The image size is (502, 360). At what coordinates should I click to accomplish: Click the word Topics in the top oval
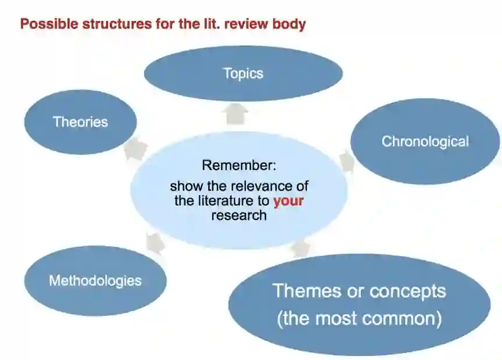point(243,74)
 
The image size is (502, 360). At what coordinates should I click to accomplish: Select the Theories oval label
point(80,122)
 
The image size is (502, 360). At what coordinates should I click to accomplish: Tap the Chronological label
point(425,141)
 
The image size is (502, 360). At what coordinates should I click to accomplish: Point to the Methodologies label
point(95,281)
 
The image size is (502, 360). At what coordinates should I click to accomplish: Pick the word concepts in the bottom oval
point(402,291)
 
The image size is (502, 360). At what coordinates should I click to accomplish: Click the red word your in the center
point(289,201)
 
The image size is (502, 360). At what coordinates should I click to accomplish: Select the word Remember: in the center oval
point(239,165)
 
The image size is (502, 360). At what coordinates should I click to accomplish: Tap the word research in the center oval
point(239,215)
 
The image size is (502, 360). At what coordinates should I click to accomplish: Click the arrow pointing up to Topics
point(236,113)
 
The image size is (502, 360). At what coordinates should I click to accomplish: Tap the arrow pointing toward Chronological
point(346,161)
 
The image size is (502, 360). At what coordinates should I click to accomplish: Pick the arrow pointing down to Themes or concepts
point(300,248)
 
